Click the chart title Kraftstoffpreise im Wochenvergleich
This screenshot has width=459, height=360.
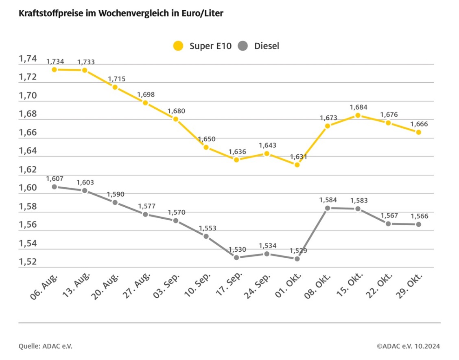coord(121,13)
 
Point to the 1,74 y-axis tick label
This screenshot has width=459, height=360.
coord(28,59)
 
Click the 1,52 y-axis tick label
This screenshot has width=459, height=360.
coord(28,262)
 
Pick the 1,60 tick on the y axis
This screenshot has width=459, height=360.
coord(28,188)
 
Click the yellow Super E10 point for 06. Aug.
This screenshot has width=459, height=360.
coord(54,70)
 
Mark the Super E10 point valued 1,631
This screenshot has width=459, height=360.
coord(297,165)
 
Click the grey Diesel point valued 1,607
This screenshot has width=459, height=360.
coord(54,187)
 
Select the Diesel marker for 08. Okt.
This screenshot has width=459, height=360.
coord(327,208)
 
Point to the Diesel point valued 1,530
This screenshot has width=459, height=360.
coord(236,257)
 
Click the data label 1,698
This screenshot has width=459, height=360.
coord(145,94)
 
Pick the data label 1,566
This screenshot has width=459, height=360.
coord(419,216)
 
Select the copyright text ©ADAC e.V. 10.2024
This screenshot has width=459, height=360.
coord(408,346)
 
